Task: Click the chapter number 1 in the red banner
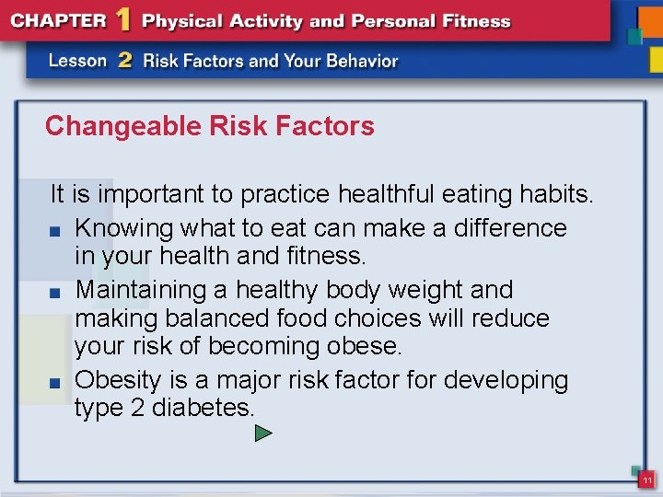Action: pyautogui.click(x=122, y=19)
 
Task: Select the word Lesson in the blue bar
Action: pyautogui.click(x=78, y=62)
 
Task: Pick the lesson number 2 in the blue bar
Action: pyautogui.click(x=124, y=61)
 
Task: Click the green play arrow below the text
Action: pyautogui.click(x=263, y=432)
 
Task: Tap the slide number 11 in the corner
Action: pyautogui.click(x=647, y=480)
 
